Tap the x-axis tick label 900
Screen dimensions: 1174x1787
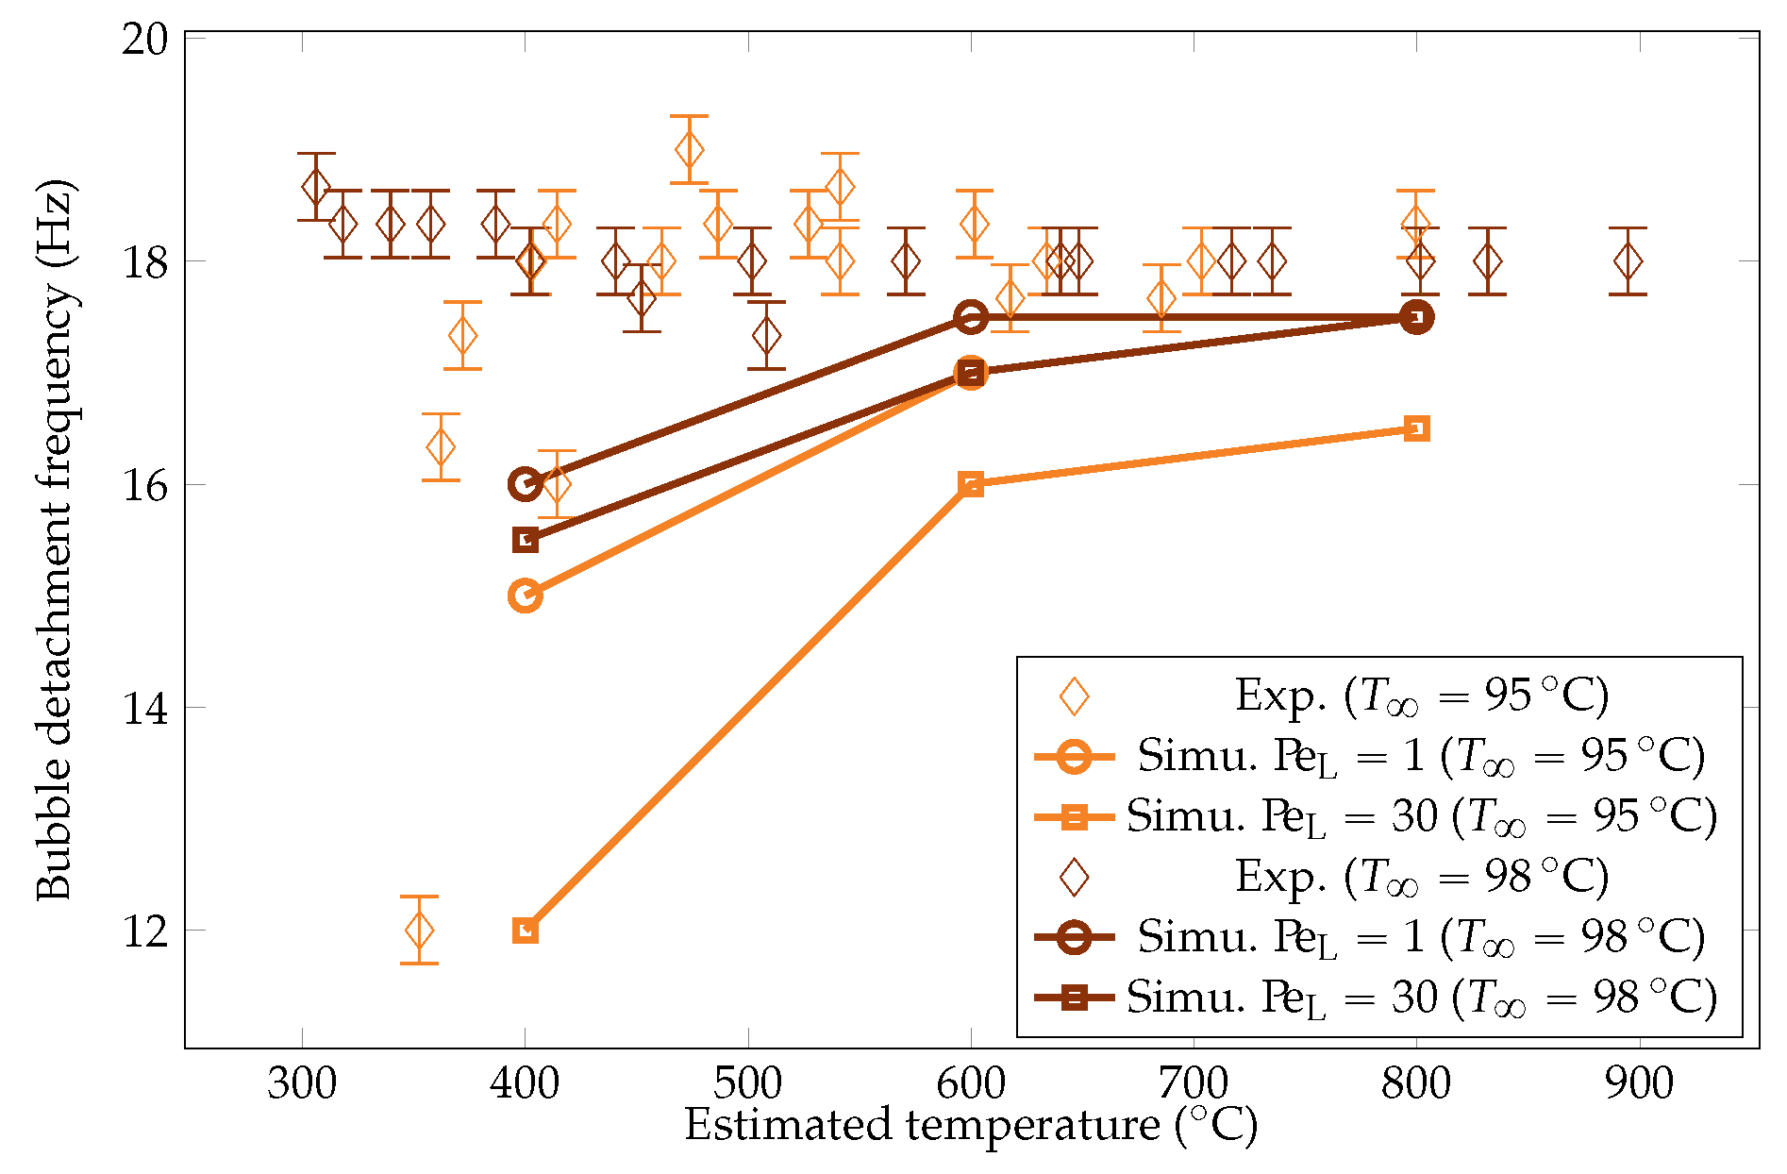[x=1639, y=1083]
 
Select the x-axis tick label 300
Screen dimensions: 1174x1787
[x=302, y=1083]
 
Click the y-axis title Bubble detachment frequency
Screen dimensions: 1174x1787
[x=54, y=540]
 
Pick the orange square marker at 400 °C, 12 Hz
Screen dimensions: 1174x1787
[x=526, y=931]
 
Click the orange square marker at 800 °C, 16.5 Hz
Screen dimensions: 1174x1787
[x=1416, y=429]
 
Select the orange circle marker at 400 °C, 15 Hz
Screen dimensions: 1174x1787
[x=525, y=595]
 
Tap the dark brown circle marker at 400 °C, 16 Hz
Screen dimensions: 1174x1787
[x=525, y=484]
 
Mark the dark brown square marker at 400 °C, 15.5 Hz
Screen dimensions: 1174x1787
[x=526, y=540]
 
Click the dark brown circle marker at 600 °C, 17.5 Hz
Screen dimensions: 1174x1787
[x=971, y=317]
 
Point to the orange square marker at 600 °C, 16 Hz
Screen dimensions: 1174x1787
[x=971, y=484]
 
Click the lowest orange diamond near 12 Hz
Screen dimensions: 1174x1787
[x=419, y=931]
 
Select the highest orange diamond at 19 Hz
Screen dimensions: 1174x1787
[x=689, y=149]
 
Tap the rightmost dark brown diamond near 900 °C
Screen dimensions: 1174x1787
[x=1628, y=261]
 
